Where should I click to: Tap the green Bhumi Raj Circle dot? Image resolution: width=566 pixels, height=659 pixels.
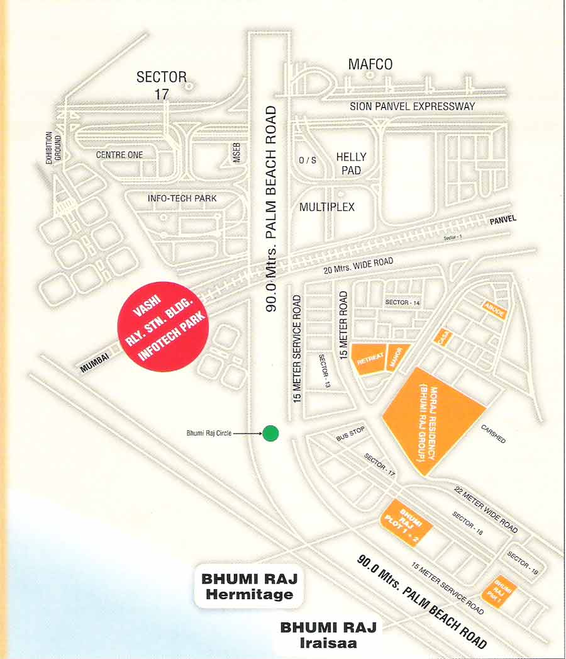tap(270, 433)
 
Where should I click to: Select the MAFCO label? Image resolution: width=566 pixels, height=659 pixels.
tap(371, 64)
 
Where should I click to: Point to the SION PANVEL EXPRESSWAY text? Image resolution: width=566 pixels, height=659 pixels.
tap(413, 106)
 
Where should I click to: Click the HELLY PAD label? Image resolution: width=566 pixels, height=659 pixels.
tap(351, 163)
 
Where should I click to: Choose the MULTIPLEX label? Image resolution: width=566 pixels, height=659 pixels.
tap(327, 207)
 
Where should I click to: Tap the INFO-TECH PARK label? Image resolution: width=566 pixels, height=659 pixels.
tap(182, 198)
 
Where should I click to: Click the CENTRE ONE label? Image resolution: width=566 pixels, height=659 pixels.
tap(119, 155)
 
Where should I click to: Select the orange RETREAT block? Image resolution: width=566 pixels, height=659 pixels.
tap(370, 360)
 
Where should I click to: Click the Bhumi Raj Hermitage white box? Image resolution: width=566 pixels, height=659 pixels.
tap(248, 586)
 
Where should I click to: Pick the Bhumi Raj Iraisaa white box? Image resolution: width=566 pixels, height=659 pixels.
tap(328, 634)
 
